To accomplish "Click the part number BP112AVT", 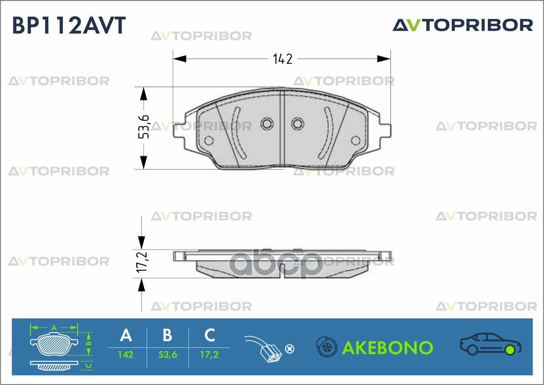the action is pyautogui.click(x=69, y=25).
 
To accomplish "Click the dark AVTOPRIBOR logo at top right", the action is pyautogui.click(x=463, y=25).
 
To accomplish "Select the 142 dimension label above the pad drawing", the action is pyautogui.click(x=283, y=59).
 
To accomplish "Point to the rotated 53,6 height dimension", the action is pyautogui.click(x=144, y=127).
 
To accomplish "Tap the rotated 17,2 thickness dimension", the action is pyautogui.click(x=142, y=263).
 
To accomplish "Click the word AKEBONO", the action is pyautogui.click(x=388, y=348).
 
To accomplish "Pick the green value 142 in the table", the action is pyautogui.click(x=125, y=355).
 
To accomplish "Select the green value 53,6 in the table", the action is pyautogui.click(x=167, y=355).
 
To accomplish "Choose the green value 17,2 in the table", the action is pyautogui.click(x=210, y=355).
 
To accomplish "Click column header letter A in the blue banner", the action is pyautogui.click(x=126, y=335).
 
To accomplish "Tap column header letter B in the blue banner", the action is pyautogui.click(x=167, y=335).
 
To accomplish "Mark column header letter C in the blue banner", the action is pyautogui.click(x=210, y=335).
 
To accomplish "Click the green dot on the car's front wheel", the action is pyautogui.click(x=510, y=350).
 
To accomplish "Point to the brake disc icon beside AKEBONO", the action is pyautogui.click(x=327, y=347).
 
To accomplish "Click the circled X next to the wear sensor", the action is pyautogui.click(x=289, y=349).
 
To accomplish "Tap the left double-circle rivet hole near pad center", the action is pyautogui.click(x=267, y=124).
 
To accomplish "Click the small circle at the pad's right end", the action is pyautogui.click(x=356, y=141).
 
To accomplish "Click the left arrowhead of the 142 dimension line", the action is pyautogui.click(x=180, y=59).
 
